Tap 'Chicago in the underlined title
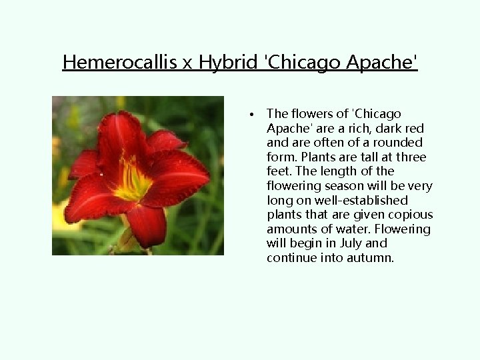click(303, 62)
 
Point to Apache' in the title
click(382, 62)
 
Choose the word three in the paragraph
click(411, 157)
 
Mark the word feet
click(277, 171)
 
